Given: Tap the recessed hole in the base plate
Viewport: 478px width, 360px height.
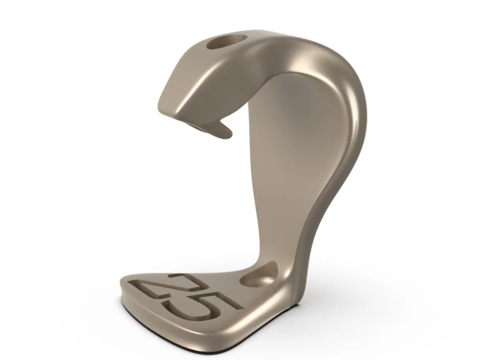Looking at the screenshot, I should (x=260, y=275).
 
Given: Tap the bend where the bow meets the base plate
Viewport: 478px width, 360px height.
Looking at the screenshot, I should (x=294, y=282).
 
